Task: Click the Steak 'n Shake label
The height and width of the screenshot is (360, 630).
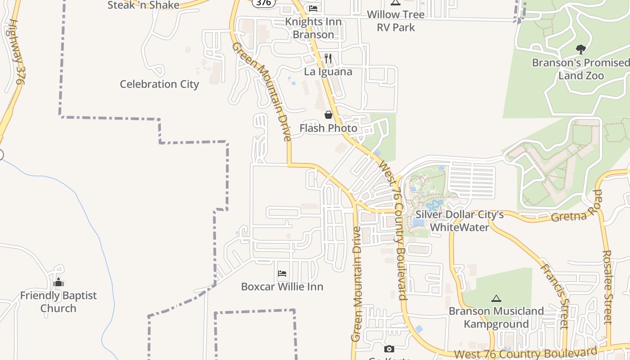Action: (x=143, y=5)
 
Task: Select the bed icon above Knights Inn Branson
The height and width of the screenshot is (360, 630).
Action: (x=313, y=8)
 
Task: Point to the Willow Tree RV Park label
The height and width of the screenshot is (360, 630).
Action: (x=396, y=21)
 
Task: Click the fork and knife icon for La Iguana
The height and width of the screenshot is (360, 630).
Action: (x=328, y=58)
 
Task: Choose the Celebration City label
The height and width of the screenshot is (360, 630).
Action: (x=159, y=84)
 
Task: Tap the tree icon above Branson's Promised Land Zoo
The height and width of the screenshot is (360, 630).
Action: (x=580, y=49)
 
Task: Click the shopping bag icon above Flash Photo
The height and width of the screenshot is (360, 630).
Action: (x=328, y=115)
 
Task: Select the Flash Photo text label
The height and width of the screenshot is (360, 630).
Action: (x=328, y=128)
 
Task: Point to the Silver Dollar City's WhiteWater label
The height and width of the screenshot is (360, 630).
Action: (x=459, y=221)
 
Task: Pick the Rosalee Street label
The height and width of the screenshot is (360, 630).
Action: (x=607, y=287)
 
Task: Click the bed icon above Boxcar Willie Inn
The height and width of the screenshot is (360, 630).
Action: (x=282, y=273)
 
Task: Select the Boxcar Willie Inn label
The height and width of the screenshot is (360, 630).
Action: (x=282, y=287)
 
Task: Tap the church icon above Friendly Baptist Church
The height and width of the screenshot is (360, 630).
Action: (x=58, y=283)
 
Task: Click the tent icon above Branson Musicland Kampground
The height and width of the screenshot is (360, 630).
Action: (x=496, y=298)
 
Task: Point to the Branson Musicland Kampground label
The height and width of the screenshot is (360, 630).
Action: (x=496, y=318)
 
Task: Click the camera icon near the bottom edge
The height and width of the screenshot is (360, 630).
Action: (x=389, y=349)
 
